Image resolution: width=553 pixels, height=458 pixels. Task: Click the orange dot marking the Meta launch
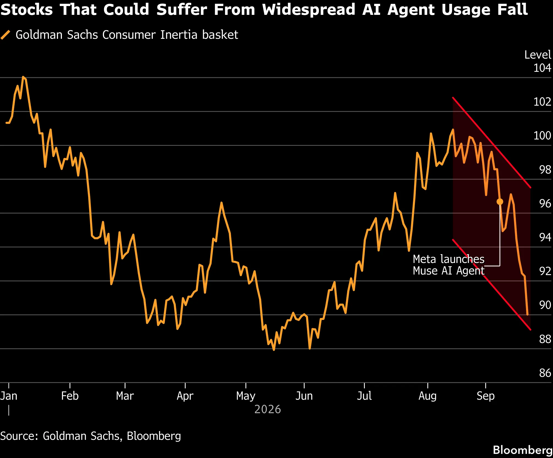pos(500,202)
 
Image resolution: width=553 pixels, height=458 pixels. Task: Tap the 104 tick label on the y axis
pos(542,68)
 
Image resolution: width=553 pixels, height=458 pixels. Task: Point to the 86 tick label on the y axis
pos(545,373)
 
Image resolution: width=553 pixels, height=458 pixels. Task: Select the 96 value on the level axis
pos(545,204)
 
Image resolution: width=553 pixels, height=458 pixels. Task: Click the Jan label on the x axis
pos(9,396)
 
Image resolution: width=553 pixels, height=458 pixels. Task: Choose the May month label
pos(246,396)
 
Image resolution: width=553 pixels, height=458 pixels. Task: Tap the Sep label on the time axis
pos(486,396)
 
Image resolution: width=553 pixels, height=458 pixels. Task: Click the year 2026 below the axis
pos(267,409)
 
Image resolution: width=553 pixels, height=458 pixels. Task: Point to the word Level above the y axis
pos(538,55)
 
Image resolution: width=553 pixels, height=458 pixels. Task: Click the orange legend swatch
pos(5,35)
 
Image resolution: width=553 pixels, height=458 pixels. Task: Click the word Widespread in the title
pos(309,10)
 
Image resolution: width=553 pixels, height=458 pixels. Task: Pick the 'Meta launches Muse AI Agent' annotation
pos(448,265)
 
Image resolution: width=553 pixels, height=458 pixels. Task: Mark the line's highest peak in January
pos(23,77)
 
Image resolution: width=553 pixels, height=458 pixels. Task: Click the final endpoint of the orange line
pos(527,315)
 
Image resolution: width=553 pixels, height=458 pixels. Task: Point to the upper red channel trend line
pos(492,143)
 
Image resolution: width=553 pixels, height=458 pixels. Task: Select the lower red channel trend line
pos(492,285)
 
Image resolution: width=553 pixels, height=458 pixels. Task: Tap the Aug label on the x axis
pos(428,396)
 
